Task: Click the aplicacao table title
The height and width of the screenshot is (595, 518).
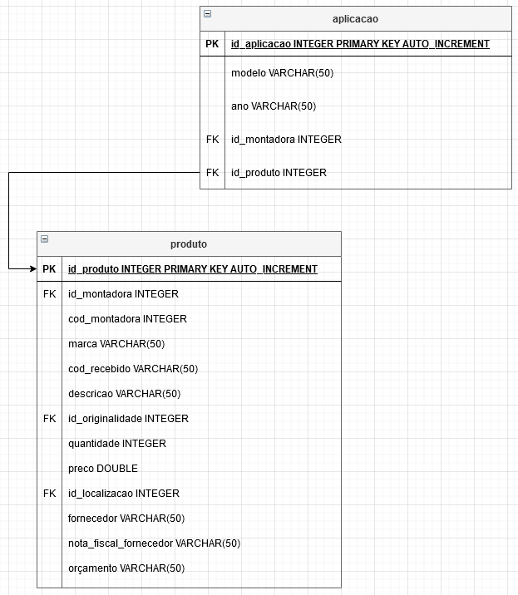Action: click(355, 19)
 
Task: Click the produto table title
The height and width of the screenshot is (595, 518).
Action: click(189, 244)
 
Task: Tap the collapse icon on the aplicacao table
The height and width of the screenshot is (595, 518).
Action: click(207, 13)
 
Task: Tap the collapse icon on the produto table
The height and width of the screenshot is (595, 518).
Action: click(44, 238)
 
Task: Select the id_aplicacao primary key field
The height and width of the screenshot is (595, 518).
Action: click(360, 44)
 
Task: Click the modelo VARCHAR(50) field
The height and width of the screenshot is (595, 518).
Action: click(282, 73)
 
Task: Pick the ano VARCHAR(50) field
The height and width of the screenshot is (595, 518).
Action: click(274, 106)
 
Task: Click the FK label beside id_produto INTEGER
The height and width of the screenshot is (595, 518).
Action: click(212, 173)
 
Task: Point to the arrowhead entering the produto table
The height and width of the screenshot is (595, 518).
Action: click(33, 269)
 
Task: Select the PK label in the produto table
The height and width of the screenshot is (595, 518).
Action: click(49, 269)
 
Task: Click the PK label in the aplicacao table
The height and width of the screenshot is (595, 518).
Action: click(212, 44)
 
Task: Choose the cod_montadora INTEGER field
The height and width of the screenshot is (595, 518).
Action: click(127, 319)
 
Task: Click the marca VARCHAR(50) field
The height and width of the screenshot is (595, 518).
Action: click(116, 344)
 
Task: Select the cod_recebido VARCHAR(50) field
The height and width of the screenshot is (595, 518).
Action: click(133, 369)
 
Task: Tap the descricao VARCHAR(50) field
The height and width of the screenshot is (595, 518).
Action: click(124, 394)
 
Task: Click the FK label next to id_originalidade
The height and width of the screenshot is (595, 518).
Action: click(49, 419)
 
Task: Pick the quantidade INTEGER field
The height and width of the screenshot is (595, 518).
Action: click(117, 444)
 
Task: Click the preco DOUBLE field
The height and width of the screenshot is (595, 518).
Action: click(103, 469)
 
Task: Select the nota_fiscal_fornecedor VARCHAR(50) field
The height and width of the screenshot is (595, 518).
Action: click(154, 543)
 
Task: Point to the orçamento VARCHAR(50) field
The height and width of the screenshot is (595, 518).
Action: click(126, 568)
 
